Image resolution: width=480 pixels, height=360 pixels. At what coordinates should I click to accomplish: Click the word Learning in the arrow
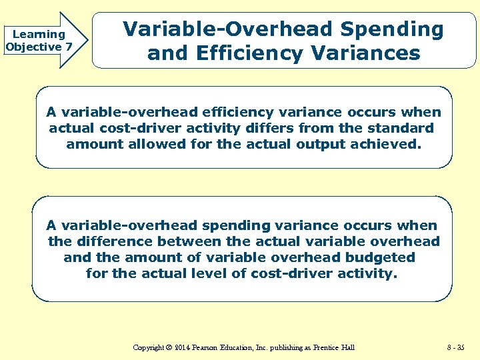(39, 34)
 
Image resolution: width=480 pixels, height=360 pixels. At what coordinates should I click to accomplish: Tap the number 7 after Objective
(68, 47)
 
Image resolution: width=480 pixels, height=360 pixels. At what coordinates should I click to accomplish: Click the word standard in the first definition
(402, 127)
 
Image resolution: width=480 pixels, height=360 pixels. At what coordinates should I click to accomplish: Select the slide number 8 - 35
(456, 347)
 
